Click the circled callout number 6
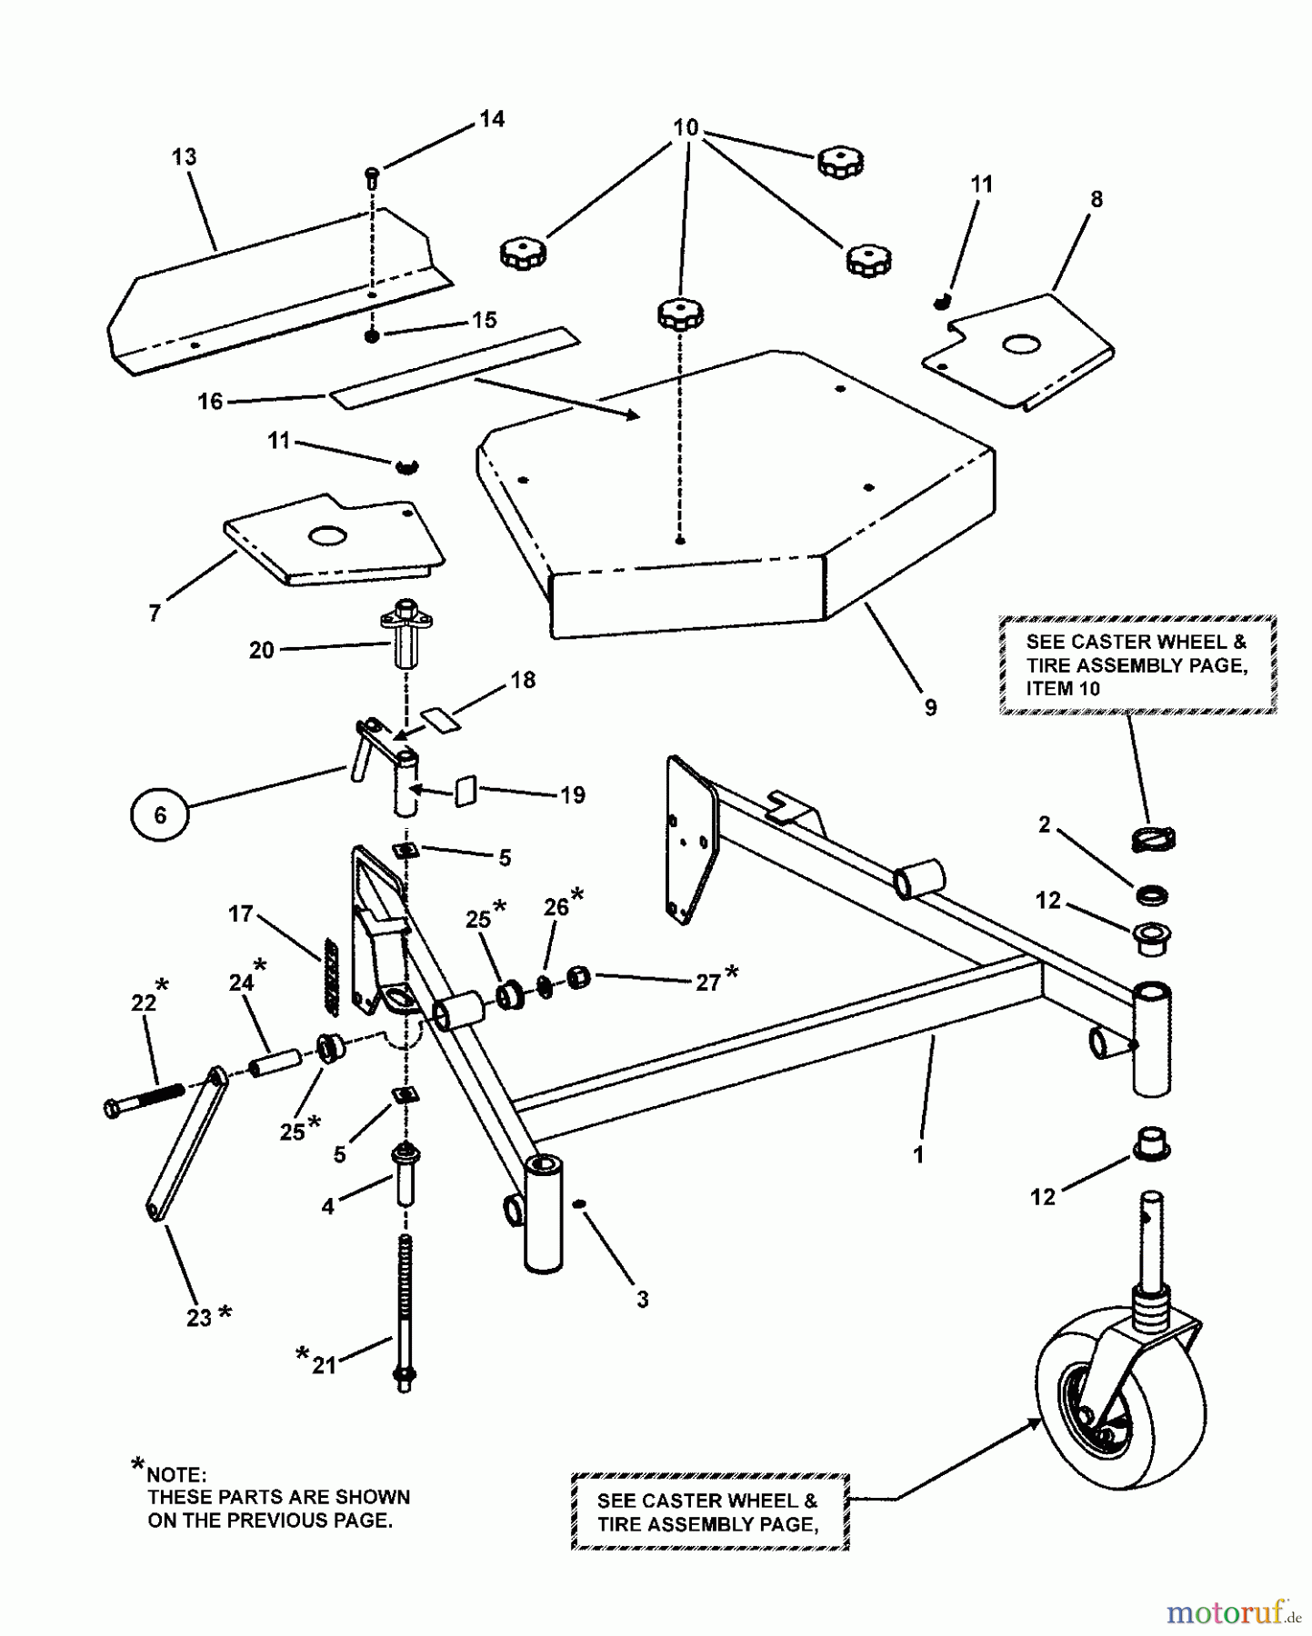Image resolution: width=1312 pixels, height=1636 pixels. pyautogui.click(x=160, y=814)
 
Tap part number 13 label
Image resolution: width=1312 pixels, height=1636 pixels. pyautogui.click(x=184, y=156)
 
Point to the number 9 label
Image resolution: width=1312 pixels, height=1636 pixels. pyautogui.click(x=930, y=707)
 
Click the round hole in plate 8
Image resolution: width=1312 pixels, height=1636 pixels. pyautogui.click(x=1021, y=344)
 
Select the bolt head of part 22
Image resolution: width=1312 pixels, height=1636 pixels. pyautogui.click(x=112, y=1108)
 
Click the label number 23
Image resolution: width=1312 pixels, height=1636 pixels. pyautogui.click(x=199, y=1317)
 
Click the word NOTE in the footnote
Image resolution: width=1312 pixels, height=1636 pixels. pyautogui.click(x=176, y=1474)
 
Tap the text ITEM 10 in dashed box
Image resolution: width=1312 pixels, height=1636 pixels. pyautogui.click(x=1063, y=689)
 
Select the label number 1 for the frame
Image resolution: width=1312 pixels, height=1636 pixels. pyautogui.click(x=918, y=1155)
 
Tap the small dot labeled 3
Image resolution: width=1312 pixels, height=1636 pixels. pyautogui.click(x=579, y=1205)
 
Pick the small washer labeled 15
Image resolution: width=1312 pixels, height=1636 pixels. pyautogui.click(x=372, y=337)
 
